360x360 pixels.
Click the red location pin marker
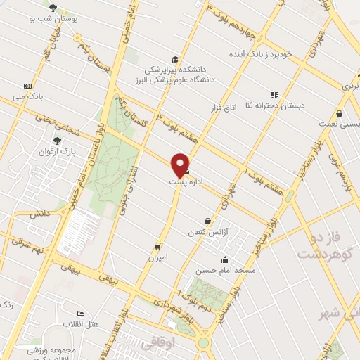(181, 164)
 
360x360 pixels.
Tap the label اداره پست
(186, 181)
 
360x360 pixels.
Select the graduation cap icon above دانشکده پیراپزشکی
(174, 60)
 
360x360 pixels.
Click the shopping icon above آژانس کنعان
(207, 221)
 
